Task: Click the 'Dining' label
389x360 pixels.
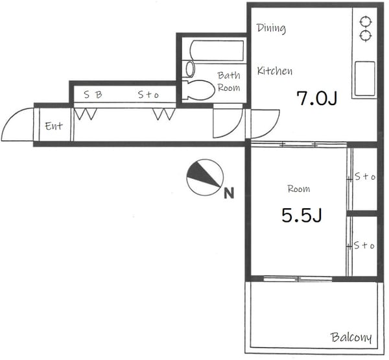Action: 271,28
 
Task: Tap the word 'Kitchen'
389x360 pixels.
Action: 275,71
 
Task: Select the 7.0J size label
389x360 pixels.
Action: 317,99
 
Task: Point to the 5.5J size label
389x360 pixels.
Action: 301,215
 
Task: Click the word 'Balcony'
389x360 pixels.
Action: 351,337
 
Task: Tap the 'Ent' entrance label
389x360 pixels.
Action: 54,126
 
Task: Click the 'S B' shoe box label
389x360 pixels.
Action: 93,94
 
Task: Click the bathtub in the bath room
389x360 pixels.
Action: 217,51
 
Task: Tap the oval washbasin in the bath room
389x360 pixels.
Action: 190,69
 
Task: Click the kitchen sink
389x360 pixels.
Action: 364,78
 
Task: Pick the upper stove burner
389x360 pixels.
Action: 366,22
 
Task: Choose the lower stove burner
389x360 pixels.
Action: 366,36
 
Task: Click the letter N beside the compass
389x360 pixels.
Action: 229,193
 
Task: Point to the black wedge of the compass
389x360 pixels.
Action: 203,174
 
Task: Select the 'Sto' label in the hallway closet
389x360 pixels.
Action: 148,95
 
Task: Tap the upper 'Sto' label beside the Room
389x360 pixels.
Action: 365,176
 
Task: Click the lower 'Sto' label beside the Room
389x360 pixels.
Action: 364,245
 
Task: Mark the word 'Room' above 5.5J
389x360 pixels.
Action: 299,189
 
